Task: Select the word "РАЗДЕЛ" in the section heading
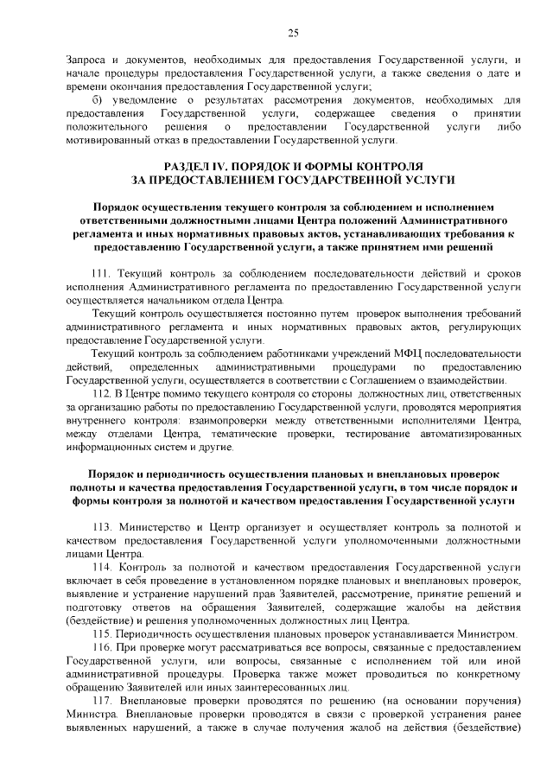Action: pyautogui.click(x=191, y=164)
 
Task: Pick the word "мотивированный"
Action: pyautogui.click(x=106, y=140)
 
